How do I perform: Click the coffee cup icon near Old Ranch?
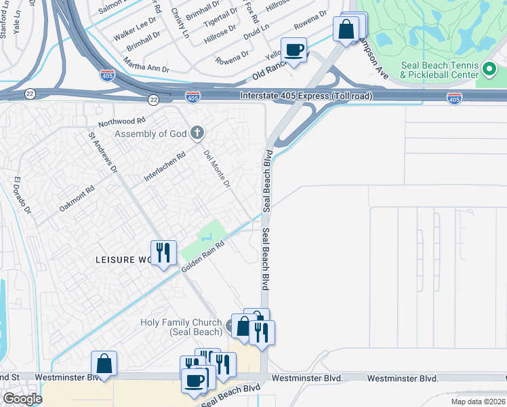click(294, 51)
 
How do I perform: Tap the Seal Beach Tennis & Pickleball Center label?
click(439, 70)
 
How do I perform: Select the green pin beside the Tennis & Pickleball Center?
click(488, 69)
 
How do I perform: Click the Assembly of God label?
click(150, 134)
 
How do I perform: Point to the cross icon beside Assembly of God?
click(197, 132)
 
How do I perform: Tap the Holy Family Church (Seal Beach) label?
click(181, 327)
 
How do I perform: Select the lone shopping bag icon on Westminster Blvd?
click(104, 364)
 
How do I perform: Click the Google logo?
click(22, 399)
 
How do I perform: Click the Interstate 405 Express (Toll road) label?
click(306, 97)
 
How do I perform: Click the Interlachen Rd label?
click(164, 167)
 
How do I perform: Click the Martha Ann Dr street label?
click(146, 66)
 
